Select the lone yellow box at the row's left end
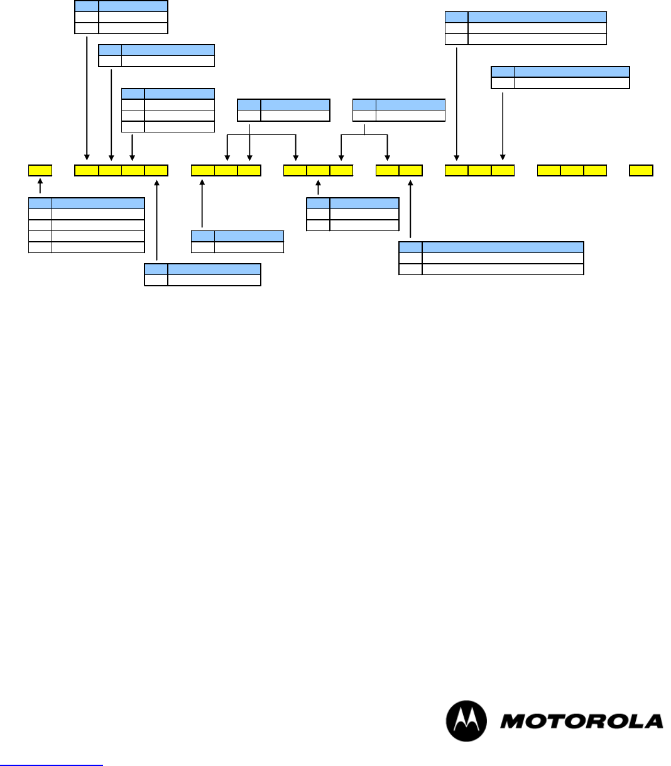40,170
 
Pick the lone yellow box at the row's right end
641,170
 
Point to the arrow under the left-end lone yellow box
40,186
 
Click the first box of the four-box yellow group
87,170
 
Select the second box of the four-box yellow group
110,170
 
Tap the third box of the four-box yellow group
133,170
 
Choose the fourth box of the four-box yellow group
156,170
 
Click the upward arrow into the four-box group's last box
156,220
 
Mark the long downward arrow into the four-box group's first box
87,94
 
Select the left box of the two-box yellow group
388,170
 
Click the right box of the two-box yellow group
411,170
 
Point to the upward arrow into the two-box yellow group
411,210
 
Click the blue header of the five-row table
87,203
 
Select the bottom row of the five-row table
87,247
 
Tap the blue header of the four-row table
168,94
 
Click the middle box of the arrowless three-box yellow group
572,170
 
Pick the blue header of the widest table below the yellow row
491,247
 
